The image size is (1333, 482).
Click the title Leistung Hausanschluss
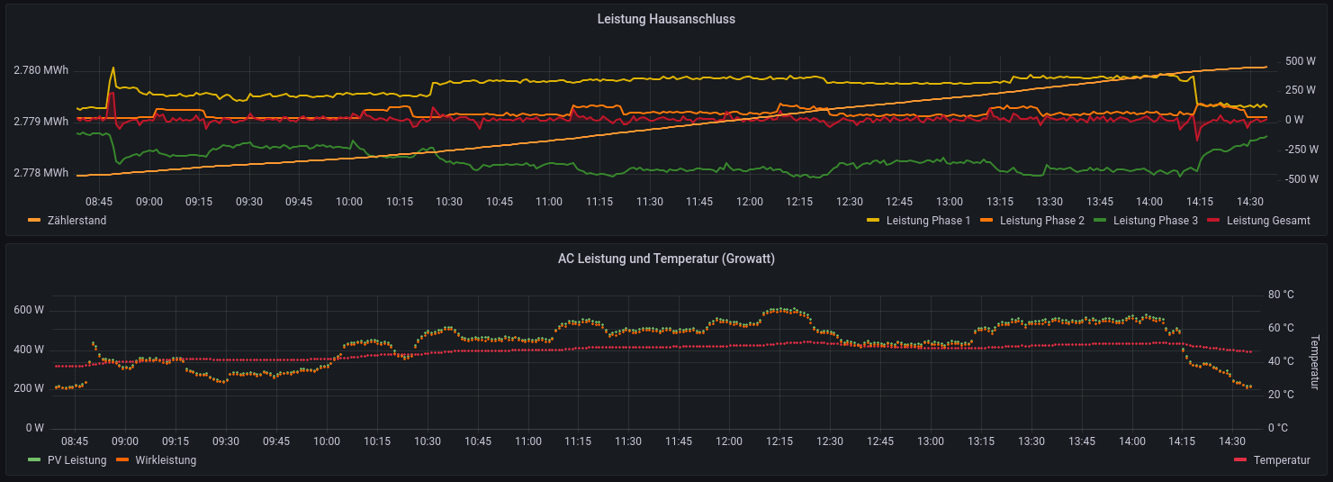[x=666, y=19]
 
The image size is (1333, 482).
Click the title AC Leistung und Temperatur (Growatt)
[x=666, y=259]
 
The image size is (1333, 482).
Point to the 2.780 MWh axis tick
[x=41, y=70]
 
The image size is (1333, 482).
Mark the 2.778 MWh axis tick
[x=41, y=173]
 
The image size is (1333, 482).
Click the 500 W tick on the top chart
[x=1301, y=61]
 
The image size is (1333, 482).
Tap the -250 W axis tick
[x=1301, y=150]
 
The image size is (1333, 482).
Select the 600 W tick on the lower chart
[x=29, y=310]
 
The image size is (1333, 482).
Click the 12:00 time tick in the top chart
[x=748, y=202]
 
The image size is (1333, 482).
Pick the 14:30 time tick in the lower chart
[x=1231, y=441]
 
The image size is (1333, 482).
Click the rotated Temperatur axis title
[x=1314, y=362]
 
